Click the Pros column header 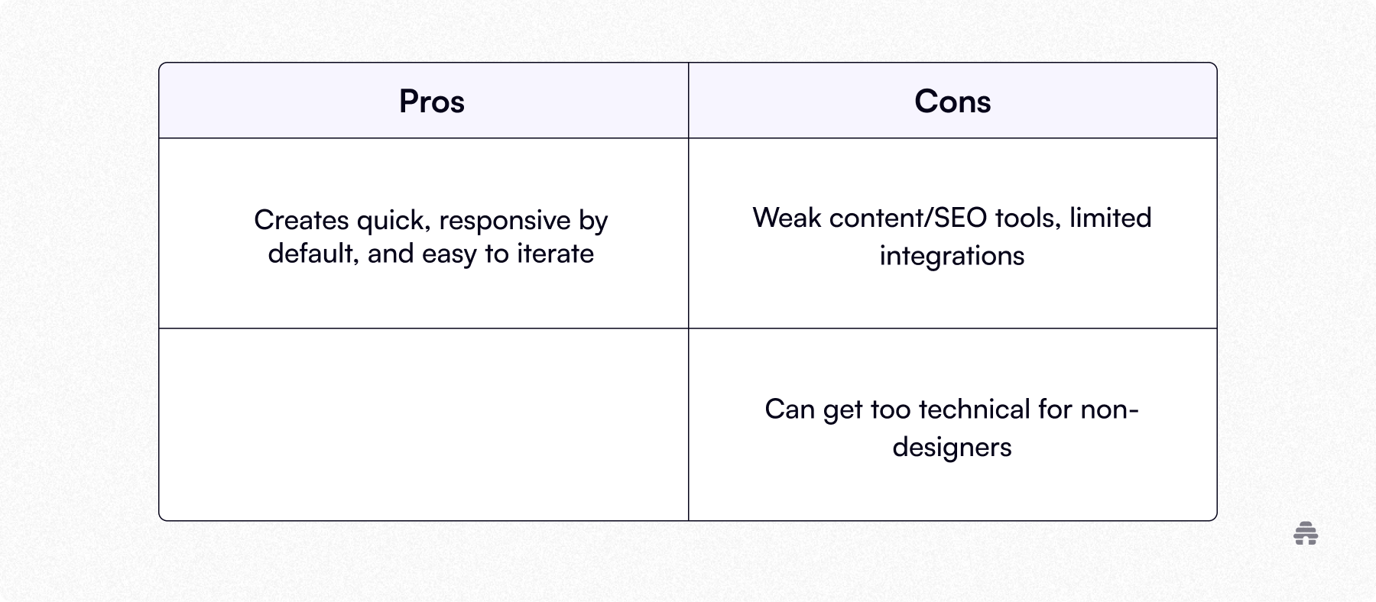click(x=432, y=102)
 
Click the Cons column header click(x=952, y=102)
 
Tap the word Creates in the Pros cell click(x=301, y=220)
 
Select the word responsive click(x=505, y=221)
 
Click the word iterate click(x=556, y=254)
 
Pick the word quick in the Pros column click(x=391, y=221)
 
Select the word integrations click(x=952, y=256)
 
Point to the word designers click(x=952, y=447)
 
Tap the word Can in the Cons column click(x=790, y=409)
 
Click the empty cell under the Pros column click(x=424, y=425)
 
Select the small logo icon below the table click(x=1306, y=533)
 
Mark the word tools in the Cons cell click(x=1017, y=218)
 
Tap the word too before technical click(x=891, y=409)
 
